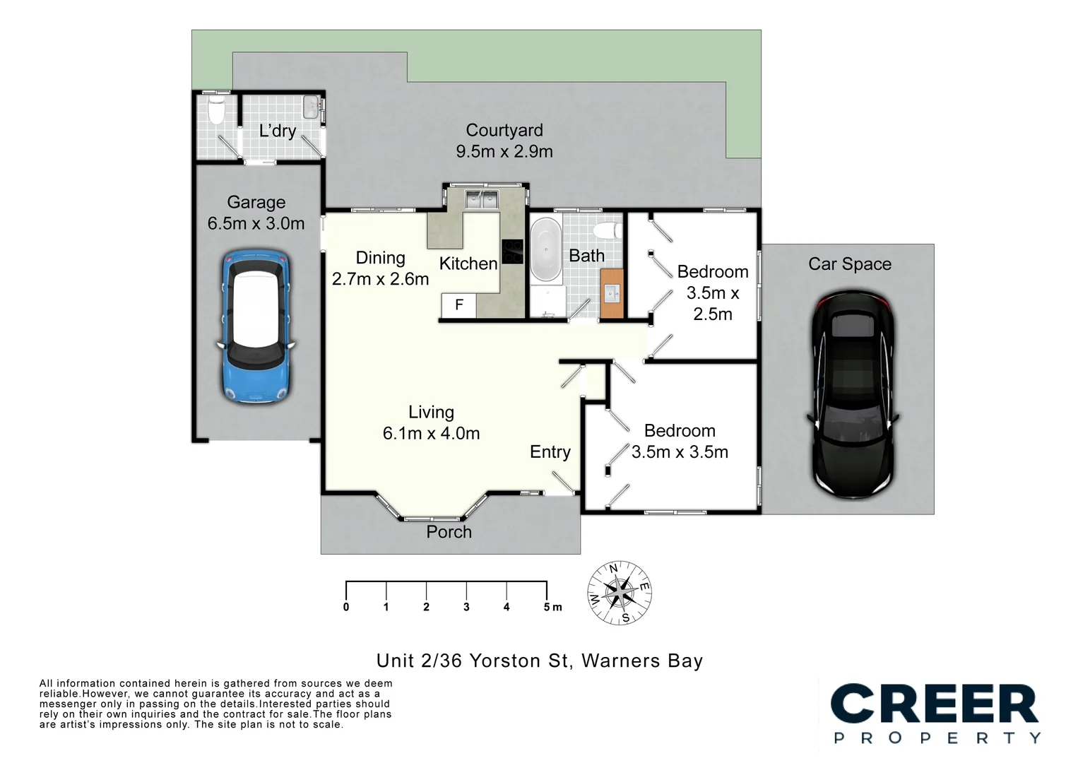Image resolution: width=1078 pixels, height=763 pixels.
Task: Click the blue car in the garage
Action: (x=256, y=326)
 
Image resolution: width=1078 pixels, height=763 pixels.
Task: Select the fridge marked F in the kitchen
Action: (x=459, y=304)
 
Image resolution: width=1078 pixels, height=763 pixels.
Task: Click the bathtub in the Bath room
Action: (x=546, y=249)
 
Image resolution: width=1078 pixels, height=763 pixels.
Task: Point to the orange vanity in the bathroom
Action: (x=612, y=294)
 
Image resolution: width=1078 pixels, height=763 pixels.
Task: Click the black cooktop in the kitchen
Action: (x=513, y=252)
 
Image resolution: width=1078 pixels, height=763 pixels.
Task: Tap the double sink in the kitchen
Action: (x=482, y=199)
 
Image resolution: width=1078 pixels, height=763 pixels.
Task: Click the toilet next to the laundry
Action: (x=216, y=110)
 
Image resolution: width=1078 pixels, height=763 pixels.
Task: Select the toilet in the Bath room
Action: (x=608, y=230)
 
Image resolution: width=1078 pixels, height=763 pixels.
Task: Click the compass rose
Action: (x=620, y=593)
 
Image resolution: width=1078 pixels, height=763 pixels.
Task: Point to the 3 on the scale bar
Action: (x=466, y=607)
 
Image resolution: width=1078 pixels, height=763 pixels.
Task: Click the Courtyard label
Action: (x=504, y=130)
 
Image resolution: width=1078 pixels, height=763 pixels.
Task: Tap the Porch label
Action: (x=449, y=532)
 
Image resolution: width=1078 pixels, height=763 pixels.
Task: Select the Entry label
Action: (x=550, y=452)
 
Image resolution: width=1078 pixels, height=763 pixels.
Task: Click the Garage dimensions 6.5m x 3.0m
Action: (x=256, y=223)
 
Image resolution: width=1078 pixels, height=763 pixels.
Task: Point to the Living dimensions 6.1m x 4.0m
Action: (x=431, y=433)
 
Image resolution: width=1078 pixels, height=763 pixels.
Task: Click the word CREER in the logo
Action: (x=934, y=704)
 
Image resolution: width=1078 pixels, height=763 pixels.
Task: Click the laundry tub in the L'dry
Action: (x=311, y=107)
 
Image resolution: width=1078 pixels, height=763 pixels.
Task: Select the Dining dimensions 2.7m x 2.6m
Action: (x=380, y=279)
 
